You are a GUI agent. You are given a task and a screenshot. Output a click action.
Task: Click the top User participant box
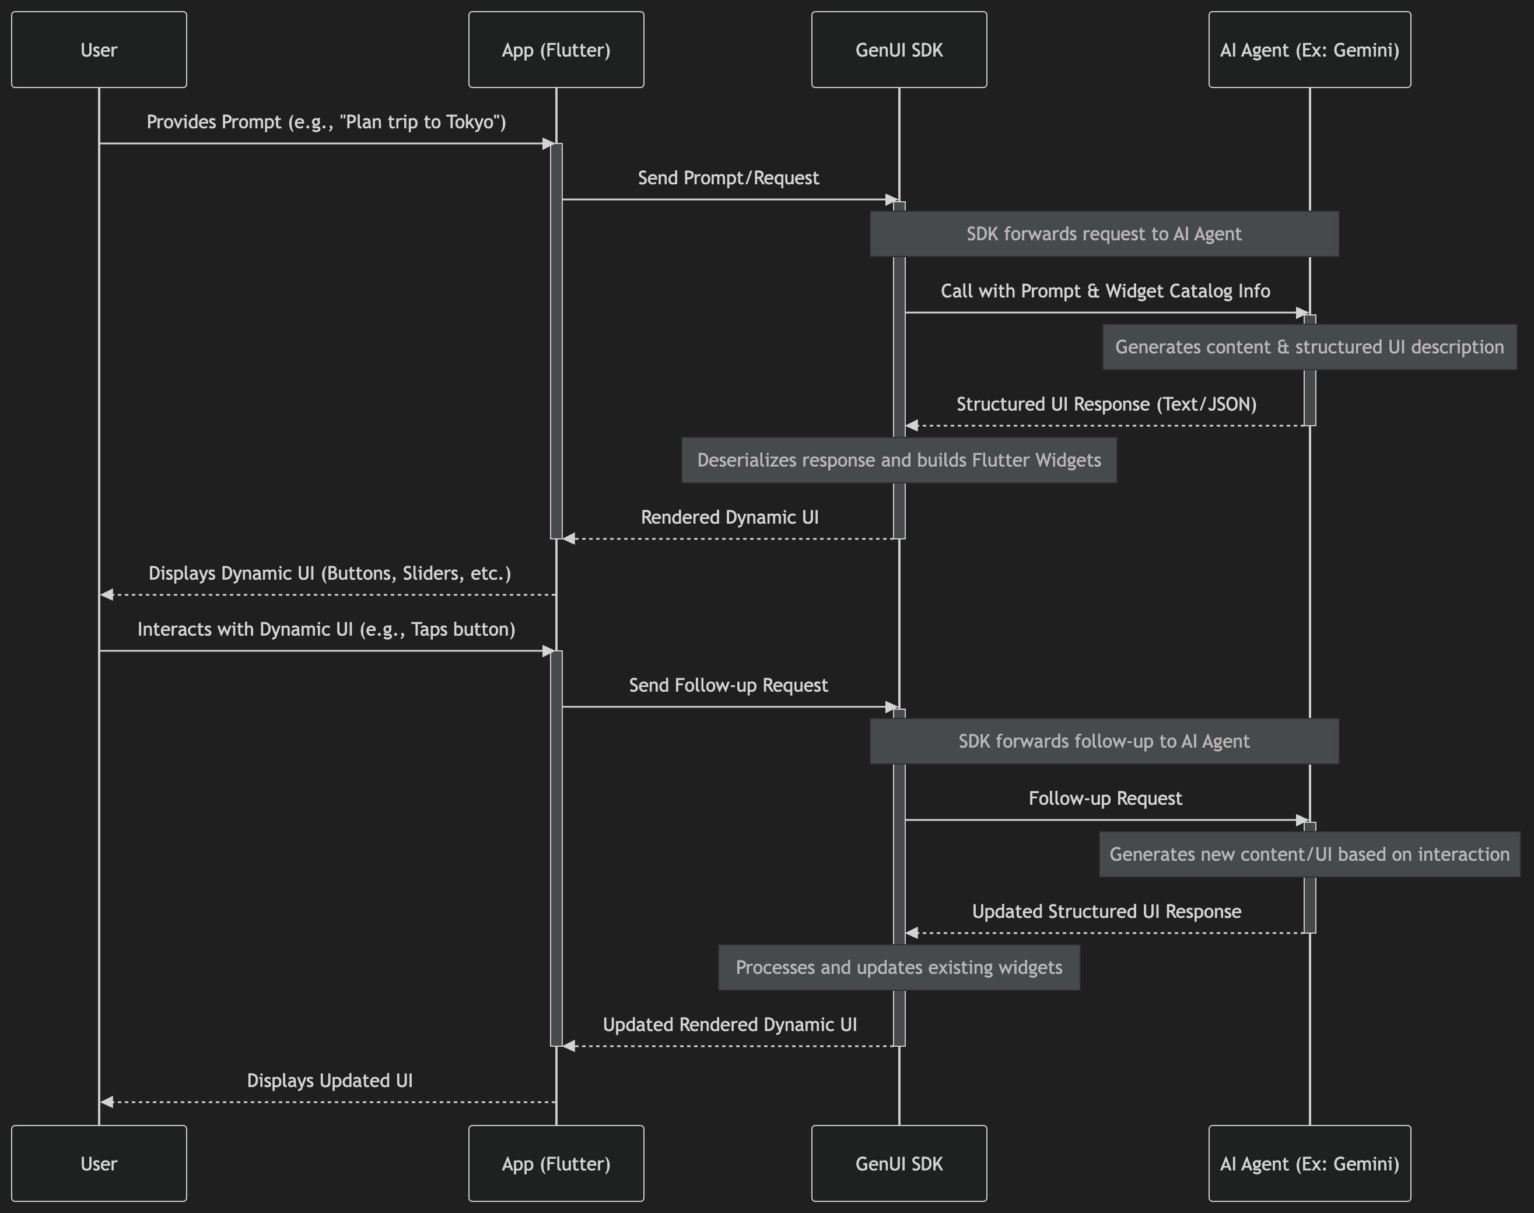(x=99, y=50)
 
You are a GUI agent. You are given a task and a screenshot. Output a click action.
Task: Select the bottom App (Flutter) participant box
(x=556, y=1163)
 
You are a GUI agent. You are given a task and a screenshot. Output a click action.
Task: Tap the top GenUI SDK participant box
(x=899, y=50)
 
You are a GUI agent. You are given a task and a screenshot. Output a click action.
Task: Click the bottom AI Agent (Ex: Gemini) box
(x=1309, y=1163)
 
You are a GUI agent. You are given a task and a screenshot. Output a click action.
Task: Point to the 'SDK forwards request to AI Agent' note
(x=1104, y=234)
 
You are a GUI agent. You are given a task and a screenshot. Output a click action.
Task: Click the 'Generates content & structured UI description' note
(x=1309, y=346)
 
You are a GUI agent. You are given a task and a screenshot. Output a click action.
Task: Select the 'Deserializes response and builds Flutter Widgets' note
(x=899, y=460)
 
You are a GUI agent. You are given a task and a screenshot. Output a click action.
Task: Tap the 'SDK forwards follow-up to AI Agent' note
(x=1104, y=741)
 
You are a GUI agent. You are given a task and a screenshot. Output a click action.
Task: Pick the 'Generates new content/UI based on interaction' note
(x=1309, y=854)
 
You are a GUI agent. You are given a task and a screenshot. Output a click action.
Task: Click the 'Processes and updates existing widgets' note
(x=899, y=967)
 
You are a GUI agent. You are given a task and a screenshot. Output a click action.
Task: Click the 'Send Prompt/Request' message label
(x=729, y=177)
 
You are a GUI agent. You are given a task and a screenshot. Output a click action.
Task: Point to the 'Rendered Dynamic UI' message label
(x=730, y=517)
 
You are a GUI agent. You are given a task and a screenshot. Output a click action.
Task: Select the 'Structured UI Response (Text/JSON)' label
(x=1106, y=404)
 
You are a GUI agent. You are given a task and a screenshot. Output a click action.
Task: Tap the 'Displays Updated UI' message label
(x=330, y=1080)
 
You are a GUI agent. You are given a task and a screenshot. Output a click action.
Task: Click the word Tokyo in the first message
(x=466, y=122)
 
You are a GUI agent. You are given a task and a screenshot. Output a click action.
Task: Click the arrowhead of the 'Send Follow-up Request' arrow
(x=893, y=707)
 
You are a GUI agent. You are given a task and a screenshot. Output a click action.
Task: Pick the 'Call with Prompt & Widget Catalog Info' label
(x=1106, y=291)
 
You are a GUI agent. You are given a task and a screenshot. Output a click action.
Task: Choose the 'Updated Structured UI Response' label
(x=1106, y=911)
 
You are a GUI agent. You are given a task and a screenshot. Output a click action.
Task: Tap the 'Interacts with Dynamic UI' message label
(x=327, y=629)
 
